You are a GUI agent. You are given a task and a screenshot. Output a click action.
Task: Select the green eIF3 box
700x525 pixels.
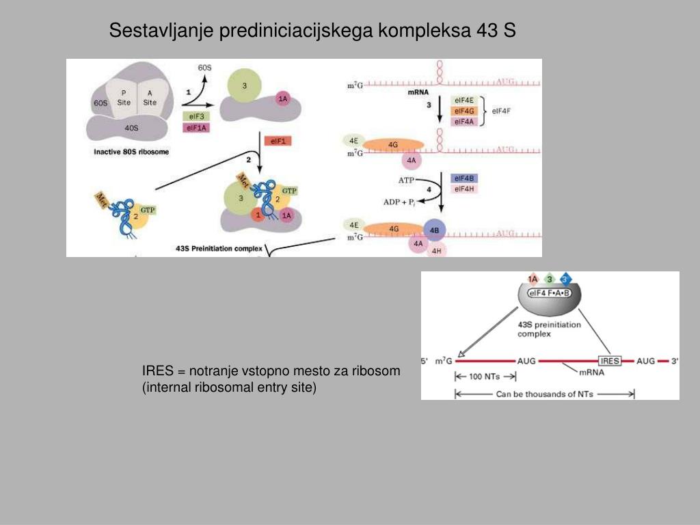click(x=196, y=116)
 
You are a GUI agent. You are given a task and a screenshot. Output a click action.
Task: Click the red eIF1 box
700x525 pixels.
click(x=278, y=141)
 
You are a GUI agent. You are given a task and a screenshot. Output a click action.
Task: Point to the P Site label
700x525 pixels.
click(x=124, y=98)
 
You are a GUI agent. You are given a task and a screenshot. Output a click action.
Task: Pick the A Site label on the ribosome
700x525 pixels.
click(x=150, y=98)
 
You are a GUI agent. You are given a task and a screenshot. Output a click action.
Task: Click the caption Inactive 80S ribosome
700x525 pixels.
click(x=131, y=152)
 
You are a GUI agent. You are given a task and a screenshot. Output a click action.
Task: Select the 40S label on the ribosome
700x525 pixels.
click(x=131, y=127)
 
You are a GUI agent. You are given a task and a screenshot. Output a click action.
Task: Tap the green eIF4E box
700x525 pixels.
click(x=464, y=100)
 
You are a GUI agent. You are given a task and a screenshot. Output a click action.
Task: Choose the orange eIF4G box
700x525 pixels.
click(x=464, y=111)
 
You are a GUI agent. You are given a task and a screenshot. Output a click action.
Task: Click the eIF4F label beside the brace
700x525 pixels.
click(x=502, y=111)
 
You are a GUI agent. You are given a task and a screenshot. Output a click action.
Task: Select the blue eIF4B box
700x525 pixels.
click(x=464, y=178)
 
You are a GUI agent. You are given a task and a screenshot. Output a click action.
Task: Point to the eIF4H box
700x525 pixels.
click(x=464, y=189)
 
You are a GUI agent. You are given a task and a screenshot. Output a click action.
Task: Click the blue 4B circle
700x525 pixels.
click(x=435, y=230)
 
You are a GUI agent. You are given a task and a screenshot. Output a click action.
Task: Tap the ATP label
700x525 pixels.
click(x=407, y=180)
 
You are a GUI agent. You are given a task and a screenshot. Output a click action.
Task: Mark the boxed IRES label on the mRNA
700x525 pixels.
click(x=609, y=361)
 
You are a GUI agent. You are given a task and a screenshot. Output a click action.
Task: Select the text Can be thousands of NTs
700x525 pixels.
click(x=544, y=394)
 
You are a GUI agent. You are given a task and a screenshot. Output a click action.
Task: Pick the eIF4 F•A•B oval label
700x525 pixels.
click(x=550, y=293)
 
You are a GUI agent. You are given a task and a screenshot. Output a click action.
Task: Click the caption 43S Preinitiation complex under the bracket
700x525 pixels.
click(x=218, y=249)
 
